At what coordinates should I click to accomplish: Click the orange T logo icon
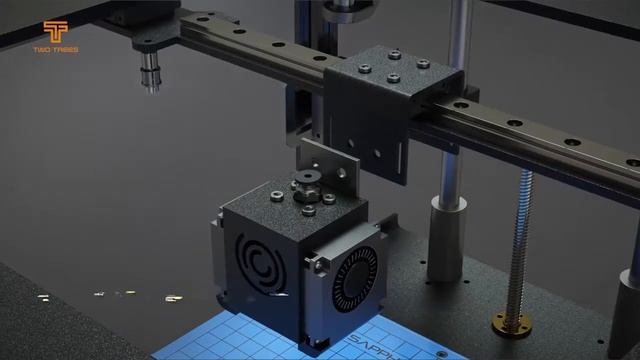(55, 31)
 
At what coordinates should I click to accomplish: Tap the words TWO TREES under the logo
(55, 49)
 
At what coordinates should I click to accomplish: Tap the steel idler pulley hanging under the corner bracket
(150, 73)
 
